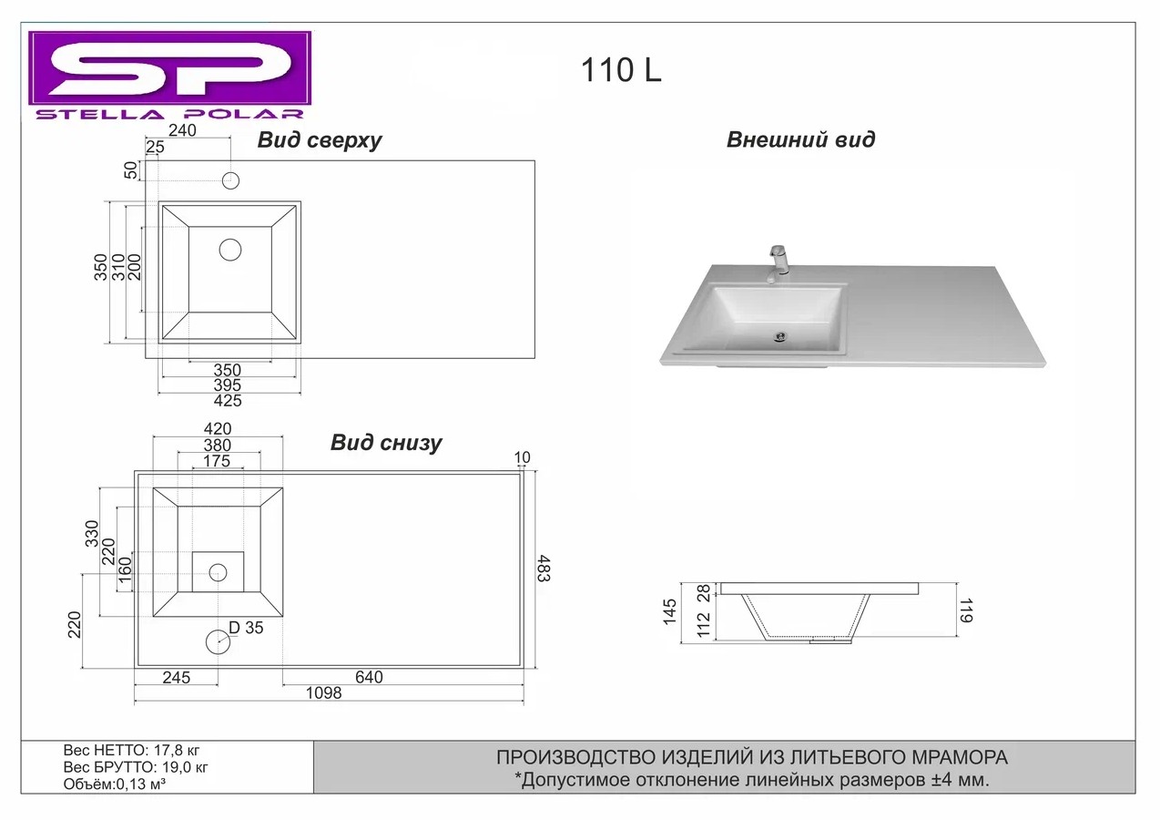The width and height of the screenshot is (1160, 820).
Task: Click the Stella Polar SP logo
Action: [x=169, y=75]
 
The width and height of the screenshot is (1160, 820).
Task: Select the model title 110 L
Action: [x=621, y=71]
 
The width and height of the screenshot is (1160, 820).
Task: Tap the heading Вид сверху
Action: [x=319, y=140]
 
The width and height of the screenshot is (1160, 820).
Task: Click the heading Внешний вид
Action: [x=800, y=140]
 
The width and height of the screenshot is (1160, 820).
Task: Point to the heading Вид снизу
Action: [x=386, y=443]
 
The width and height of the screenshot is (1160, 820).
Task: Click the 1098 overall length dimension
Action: [x=324, y=693]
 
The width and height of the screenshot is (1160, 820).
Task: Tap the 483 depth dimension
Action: [x=544, y=569]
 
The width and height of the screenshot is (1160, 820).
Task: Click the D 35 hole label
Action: [x=246, y=628]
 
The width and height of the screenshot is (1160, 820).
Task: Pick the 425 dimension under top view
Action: [x=227, y=401]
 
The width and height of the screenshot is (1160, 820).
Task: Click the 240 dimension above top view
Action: [x=182, y=131]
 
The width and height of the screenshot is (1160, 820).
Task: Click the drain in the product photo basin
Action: [x=779, y=337]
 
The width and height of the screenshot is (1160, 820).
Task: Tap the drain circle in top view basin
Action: [x=230, y=249]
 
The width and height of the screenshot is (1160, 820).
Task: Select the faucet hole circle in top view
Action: [x=230, y=179]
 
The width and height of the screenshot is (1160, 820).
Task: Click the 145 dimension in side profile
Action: [x=671, y=612]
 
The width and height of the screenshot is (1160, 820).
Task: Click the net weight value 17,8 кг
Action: [x=178, y=752]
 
